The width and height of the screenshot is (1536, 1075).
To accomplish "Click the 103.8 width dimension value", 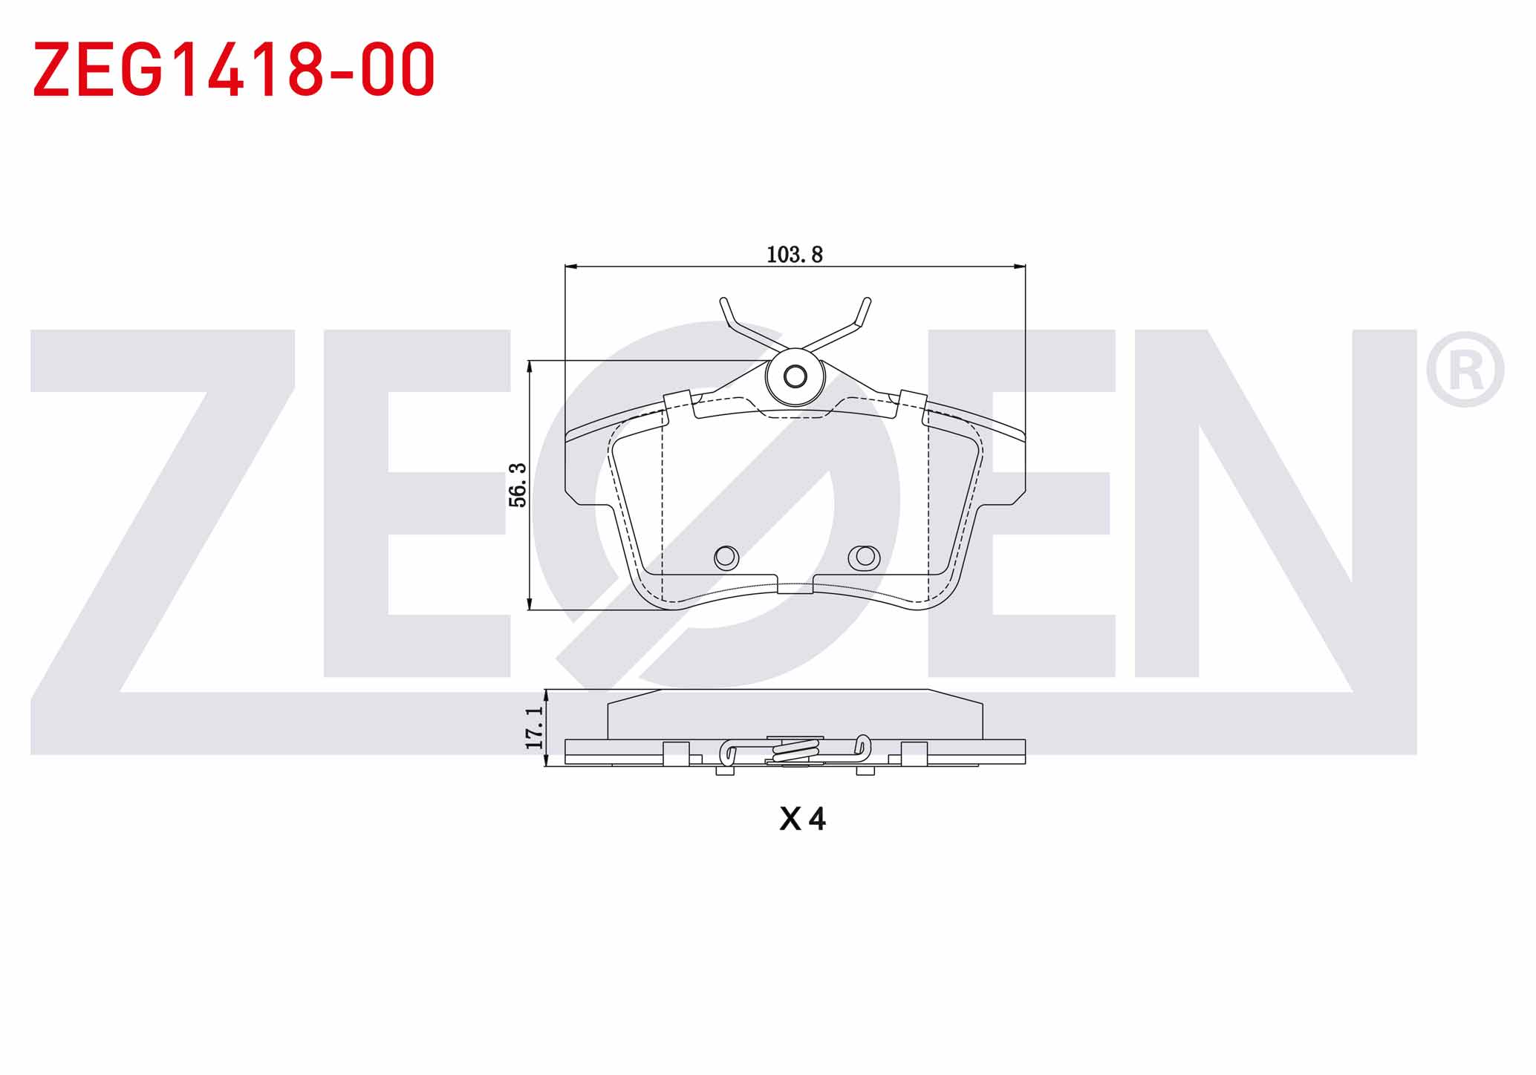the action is coord(794,255).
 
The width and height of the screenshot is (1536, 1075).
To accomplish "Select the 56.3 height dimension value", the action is coord(518,485).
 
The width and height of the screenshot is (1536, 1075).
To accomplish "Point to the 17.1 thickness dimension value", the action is coord(534,728).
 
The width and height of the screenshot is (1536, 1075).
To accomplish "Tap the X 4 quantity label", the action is coord(802,819).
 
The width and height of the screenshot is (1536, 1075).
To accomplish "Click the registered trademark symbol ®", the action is coord(1465,370).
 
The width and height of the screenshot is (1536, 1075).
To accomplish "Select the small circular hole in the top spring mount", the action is coord(795,376).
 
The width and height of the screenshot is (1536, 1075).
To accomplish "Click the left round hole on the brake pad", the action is coord(726,557).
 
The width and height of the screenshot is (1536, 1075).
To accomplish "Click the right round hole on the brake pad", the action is coord(865,557).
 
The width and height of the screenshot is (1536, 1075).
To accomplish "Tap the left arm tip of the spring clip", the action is coord(723,301).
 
